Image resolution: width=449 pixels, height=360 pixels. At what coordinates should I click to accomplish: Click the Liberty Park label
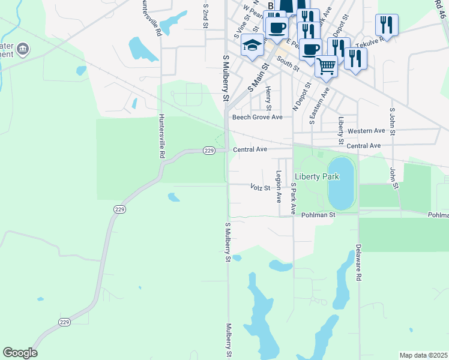316,176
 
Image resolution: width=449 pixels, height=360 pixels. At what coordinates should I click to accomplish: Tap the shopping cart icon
326,65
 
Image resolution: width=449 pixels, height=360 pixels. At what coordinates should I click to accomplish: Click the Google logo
20,353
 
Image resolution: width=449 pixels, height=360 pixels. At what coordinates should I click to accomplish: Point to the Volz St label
261,187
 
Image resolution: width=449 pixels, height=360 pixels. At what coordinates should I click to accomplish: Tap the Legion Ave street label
279,186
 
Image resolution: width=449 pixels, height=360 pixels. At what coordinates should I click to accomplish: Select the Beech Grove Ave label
258,117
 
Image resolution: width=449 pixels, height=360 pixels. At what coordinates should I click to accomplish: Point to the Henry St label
268,98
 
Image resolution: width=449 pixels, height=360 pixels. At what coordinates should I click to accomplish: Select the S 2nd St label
205,15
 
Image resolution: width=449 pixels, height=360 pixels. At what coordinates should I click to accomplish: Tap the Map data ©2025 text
423,355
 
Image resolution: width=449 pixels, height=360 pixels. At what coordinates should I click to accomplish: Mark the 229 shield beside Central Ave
209,150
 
